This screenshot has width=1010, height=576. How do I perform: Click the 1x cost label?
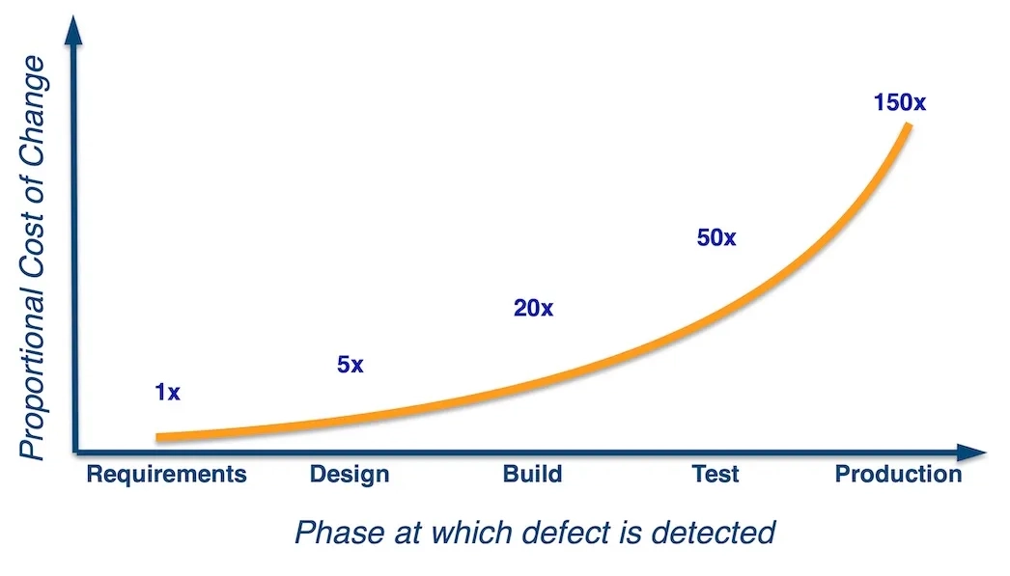167,393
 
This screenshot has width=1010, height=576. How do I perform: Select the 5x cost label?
351,366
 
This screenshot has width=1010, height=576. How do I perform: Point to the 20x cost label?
533,309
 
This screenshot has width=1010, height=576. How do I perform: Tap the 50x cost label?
716,237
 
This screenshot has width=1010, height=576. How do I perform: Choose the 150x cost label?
899,101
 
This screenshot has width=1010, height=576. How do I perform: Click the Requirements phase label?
167,475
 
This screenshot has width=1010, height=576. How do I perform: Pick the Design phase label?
350,475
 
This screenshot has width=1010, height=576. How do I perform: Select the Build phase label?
532,475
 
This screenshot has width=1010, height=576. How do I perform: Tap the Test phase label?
715,475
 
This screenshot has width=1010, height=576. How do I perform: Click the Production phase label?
898,475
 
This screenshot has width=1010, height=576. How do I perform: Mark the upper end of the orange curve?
908,126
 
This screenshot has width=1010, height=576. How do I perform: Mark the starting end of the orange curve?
159,437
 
